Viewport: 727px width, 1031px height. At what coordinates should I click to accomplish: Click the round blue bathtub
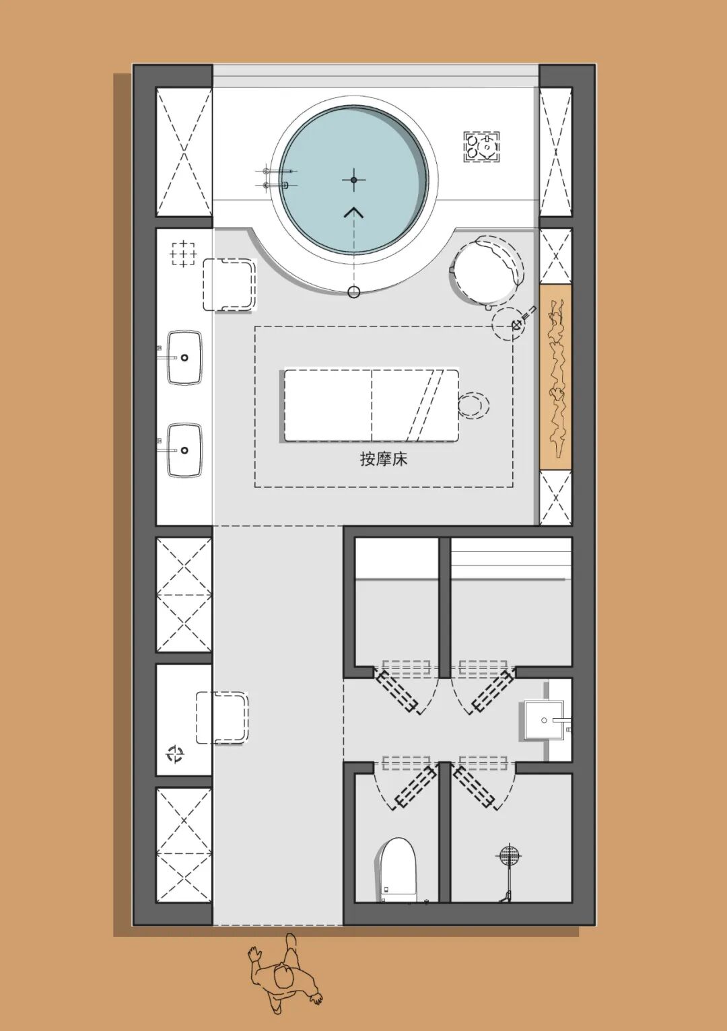tap(353, 180)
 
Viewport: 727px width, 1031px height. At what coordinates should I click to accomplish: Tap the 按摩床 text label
tap(384, 459)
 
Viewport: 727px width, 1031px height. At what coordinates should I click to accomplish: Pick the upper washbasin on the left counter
tap(184, 357)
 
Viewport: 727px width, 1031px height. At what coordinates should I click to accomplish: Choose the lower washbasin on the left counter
tap(184, 450)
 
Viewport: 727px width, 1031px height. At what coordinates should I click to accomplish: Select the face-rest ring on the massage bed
tap(473, 405)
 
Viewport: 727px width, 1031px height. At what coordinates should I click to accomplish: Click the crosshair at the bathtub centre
tap(353, 180)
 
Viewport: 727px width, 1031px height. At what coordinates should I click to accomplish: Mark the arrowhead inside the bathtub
tap(353, 212)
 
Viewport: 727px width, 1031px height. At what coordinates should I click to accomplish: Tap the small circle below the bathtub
tap(353, 292)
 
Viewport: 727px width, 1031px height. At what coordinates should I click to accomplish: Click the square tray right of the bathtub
tap(481, 147)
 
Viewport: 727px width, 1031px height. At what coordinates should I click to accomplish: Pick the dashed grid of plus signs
tap(183, 253)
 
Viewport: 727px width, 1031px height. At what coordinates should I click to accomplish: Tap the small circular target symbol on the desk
tap(175, 754)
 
